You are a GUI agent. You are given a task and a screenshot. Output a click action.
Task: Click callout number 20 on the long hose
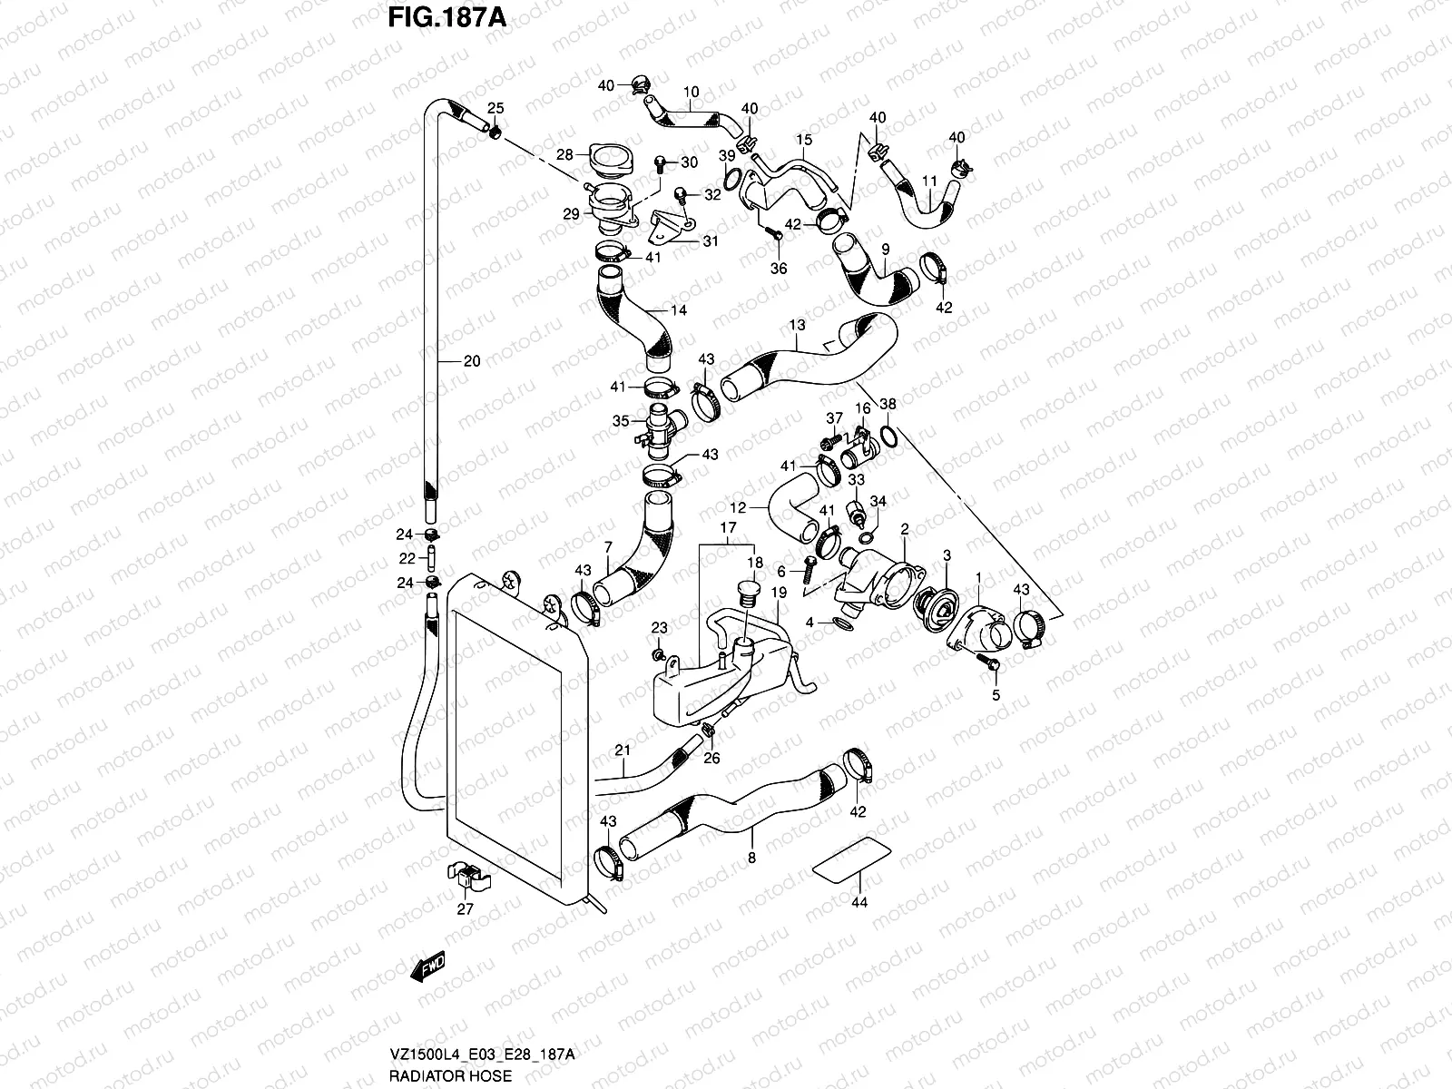(471, 361)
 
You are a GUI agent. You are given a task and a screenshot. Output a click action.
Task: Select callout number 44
(858, 902)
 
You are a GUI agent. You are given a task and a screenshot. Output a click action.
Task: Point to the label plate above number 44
(849, 858)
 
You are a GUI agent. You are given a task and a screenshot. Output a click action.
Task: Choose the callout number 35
(621, 420)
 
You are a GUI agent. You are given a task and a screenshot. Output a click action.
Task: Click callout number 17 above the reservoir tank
(728, 527)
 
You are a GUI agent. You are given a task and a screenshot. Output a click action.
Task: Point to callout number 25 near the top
(496, 107)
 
